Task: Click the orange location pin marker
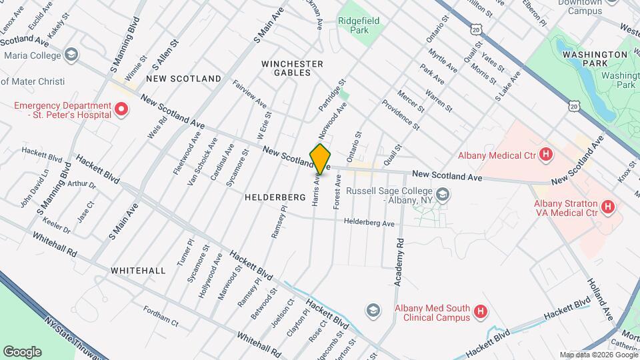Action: coord(321,158)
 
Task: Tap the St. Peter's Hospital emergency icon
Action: coord(121,109)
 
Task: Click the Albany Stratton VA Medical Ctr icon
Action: coord(607,207)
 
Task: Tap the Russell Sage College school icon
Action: coord(443,195)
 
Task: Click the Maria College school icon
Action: coord(71,55)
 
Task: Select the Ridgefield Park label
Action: coord(359,25)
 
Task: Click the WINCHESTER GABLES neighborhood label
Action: coord(292,68)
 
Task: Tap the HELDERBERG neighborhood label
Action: coord(275,197)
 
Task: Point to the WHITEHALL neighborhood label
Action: coord(138,271)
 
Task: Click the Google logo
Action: coord(22,351)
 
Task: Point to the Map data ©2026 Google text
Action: coord(598,355)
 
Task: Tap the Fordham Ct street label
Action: coord(161,315)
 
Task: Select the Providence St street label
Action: coord(401,115)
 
